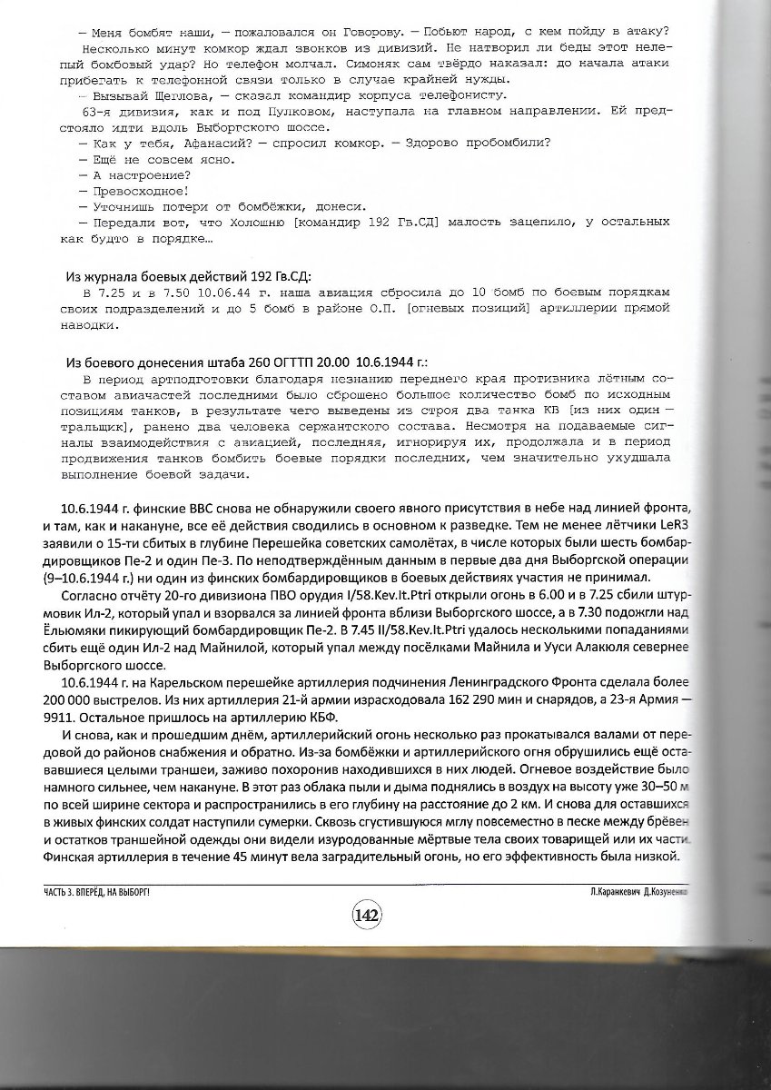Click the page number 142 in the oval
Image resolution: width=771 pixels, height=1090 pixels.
pos(367,915)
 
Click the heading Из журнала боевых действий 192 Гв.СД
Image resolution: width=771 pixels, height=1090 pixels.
pos(194,276)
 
